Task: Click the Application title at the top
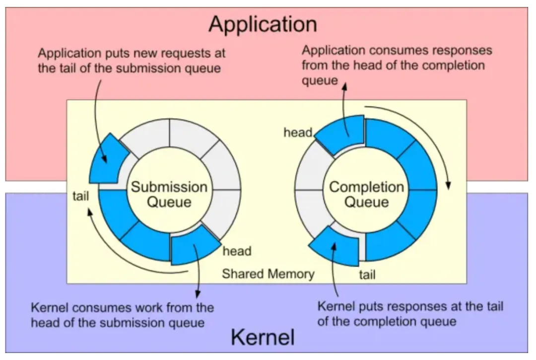tap(263, 25)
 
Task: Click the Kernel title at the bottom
tap(263, 337)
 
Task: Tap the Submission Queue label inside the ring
tap(169, 194)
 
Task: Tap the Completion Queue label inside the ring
tap(366, 194)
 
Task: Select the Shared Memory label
tap(268, 274)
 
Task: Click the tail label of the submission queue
tap(81, 196)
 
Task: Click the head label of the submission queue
tap(237, 251)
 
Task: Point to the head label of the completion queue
tap(298, 132)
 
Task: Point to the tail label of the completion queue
tap(367, 275)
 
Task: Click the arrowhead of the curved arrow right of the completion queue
tap(448, 186)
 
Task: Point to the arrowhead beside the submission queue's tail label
tap(90, 213)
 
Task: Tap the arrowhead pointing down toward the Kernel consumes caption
tap(198, 294)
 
